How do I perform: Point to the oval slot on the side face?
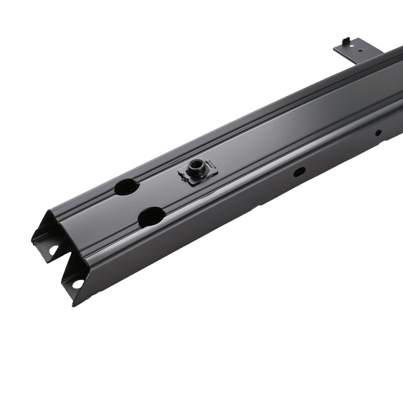tap(299, 172)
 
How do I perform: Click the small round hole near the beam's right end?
tap(378, 133)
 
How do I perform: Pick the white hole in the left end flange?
tap(53, 250)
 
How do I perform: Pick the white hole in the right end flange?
tap(78, 283)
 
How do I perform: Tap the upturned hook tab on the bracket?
tap(345, 40)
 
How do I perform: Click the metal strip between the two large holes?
tap(139, 201)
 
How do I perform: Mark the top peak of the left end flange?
tap(49, 211)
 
